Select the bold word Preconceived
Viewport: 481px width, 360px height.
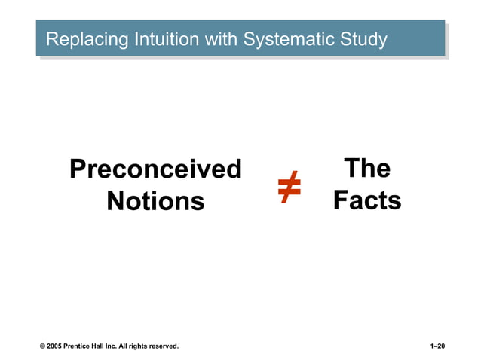tap(155, 169)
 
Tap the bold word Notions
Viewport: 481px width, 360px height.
tap(155, 201)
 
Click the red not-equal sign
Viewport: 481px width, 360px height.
tap(289, 186)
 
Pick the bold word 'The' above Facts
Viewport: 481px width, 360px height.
tap(366, 169)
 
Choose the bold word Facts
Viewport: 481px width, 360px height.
tap(367, 201)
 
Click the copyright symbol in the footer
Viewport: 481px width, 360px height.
tap(43, 346)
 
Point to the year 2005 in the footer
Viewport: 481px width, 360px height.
tap(56, 346)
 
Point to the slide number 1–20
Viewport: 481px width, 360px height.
tap(437, 346)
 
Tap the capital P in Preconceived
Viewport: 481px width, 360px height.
tap(77, 169)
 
